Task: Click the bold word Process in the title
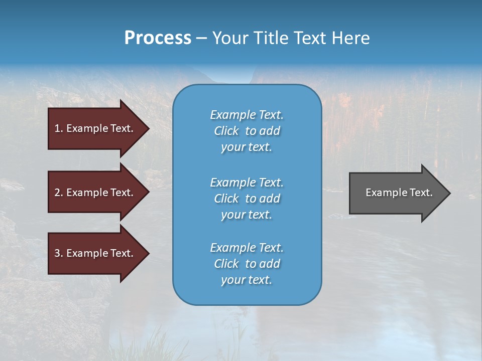pyautogui.click(x=158, y=38)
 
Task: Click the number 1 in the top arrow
pyautogui.click(x=57, y=128)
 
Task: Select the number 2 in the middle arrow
pyautogui.click(x=57, y=193)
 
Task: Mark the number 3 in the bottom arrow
pyautogui.click(x=57, y=253)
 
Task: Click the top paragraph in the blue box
pyautogui.click(x=247, y=131)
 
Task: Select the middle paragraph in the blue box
pyautogui.click(x=247, y=199)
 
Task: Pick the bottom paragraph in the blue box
pyautogui.click(x=247, y=264)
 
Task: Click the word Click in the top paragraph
pyautogui.click(x=226, y=131)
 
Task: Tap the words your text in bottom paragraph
pyautogui.click(x=247, y=280)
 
